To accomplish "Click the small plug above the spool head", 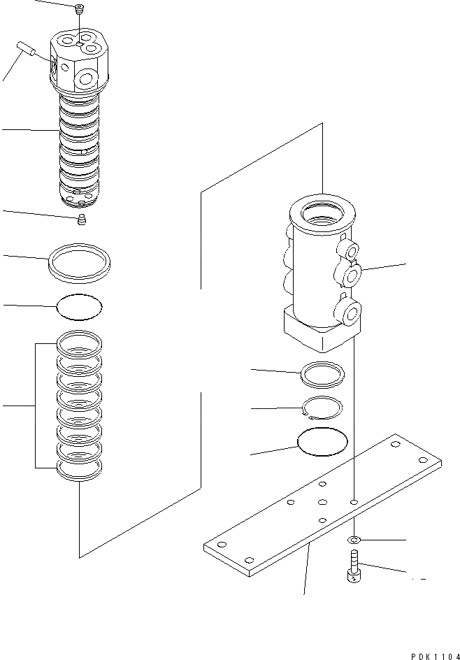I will click(79, 8).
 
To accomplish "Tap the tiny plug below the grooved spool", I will click(82, 222).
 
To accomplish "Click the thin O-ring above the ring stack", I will click(79, 306).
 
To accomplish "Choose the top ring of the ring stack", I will click(79, 343).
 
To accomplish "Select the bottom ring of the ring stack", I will click(79, 471).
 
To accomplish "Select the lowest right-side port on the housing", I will click(350, 311).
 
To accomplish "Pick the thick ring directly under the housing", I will click(322, 374).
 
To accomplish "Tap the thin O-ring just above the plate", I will click(322, 442).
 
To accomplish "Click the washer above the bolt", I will click(356, 539).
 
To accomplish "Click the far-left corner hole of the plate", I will click(220, 545).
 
